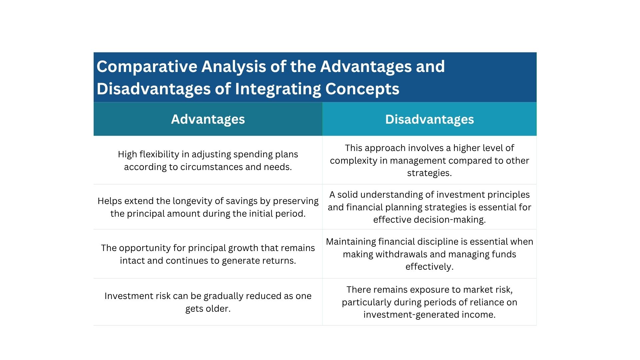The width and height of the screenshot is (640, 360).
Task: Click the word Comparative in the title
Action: coord(147,67)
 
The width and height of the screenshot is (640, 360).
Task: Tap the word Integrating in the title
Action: coord(277,89)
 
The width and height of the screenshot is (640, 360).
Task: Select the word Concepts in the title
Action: coord(362,89)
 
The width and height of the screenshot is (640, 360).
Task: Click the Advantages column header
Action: coord(208,119)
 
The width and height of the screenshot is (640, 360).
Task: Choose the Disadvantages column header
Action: coord(429,119)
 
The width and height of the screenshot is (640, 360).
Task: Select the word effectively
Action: coord(429,267)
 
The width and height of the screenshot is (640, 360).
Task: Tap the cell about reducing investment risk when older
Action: coord(208,302)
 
